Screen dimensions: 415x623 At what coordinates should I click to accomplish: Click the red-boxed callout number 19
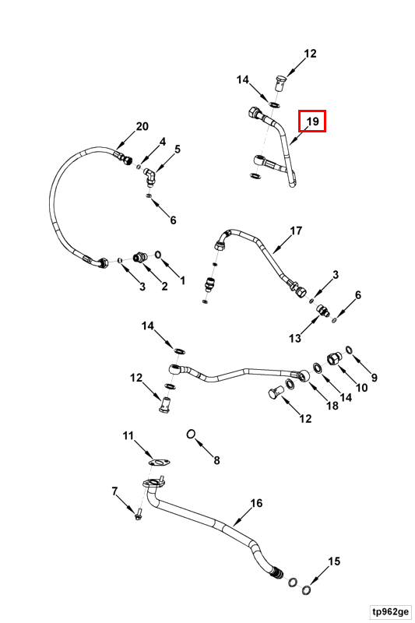tap(313, 121)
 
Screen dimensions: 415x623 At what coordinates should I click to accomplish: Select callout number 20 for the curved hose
tap(142, 126)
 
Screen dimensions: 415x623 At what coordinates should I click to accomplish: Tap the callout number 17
tap(296, 231)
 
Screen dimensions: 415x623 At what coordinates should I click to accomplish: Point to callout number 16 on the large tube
tap(256, 503)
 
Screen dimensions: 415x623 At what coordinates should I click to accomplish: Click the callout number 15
tap(334, 561)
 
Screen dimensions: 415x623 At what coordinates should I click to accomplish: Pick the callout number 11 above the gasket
tap(128, 436)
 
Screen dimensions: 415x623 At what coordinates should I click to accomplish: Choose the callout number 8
tap(216, 460)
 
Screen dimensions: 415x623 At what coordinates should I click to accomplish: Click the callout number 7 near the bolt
tap(114, 491)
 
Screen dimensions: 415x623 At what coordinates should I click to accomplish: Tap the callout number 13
tap(295, 338)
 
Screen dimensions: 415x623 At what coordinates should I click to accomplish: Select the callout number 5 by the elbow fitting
tap(177, 149)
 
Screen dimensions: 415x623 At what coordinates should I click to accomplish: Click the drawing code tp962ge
tap(390, 611)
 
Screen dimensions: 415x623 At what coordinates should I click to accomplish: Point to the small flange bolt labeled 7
tap(138, 514)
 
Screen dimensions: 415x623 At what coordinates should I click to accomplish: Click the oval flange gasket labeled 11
tap(160, 463)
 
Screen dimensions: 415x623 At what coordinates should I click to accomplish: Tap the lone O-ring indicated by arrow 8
tap(191, 435)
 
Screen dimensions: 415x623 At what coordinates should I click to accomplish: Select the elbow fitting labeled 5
tap(149, 177)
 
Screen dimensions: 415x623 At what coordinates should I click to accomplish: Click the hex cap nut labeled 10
tap(332, 359)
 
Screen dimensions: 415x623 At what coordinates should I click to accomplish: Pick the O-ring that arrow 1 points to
tap(157, 254)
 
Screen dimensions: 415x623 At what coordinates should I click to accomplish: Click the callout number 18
tap(332, 405)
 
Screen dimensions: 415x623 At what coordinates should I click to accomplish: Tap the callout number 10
tap(361, 387)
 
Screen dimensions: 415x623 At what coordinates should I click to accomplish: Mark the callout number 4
tap(162, 142)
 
